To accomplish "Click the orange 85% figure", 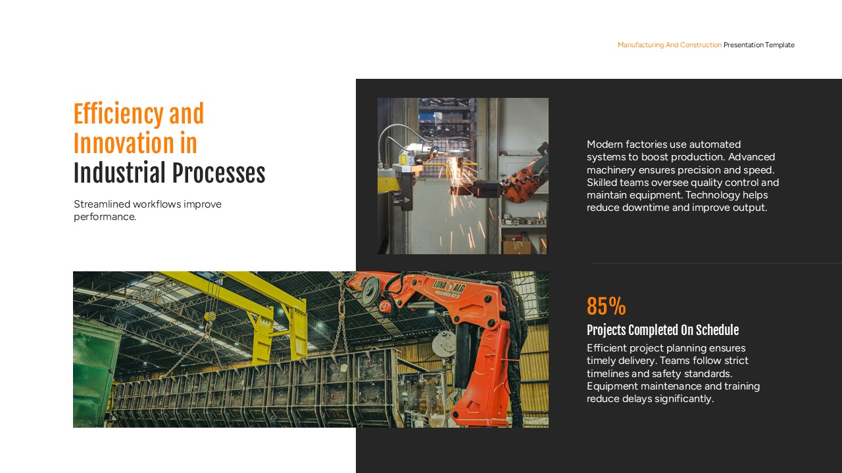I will (x=606, y=307).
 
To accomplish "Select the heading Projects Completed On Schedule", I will (x=662, y=330).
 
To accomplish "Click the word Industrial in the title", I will (x=119, y=174).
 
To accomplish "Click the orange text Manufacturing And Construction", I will (x=669, y=45).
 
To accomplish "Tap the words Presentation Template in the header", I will (x=759, y=45).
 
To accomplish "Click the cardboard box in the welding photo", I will (x=517, y=246).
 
